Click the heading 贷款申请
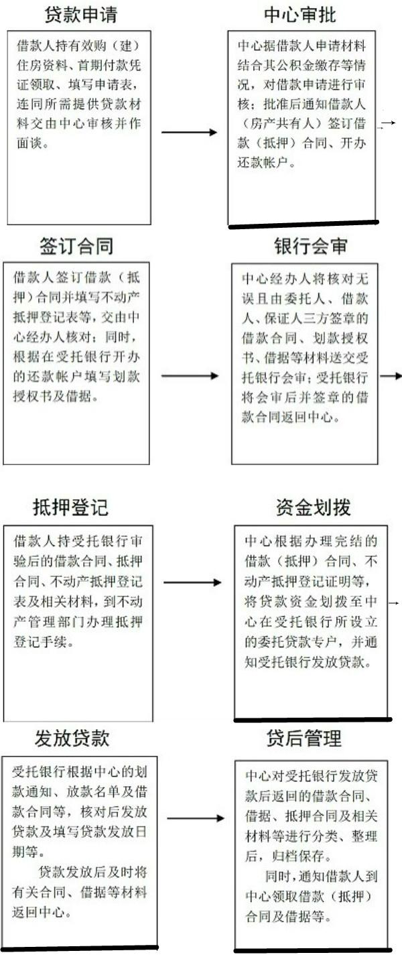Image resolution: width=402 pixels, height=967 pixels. (x=81, y=15)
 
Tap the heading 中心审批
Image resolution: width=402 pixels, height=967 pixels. (x=300, y=15)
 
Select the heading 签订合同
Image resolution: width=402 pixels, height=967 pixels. (x=76, y=247)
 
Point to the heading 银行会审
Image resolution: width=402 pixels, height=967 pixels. (x=311, y=247)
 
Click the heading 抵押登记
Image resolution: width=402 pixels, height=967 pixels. (x=70, y=508)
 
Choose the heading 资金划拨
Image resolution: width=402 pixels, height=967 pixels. (x=314, y=508)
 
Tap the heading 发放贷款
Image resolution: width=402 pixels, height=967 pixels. (x=72, y=738)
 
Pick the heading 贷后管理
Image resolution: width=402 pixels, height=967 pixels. (x=304, y=738)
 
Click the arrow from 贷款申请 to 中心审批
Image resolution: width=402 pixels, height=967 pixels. (x=189, y=132)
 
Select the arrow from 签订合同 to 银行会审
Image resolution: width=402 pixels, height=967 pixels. (x=190, y=376)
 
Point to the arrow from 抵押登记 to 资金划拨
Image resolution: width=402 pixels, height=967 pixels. (x=192, y=583)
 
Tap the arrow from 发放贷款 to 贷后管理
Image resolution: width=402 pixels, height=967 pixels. (x=196, y=818)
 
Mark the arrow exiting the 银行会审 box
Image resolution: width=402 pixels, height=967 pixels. (x=391, y=376)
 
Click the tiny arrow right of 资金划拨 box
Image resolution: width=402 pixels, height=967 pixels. (x=394, y=602)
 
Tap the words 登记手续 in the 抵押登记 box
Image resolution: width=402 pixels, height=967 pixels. (x=41, y=642)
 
